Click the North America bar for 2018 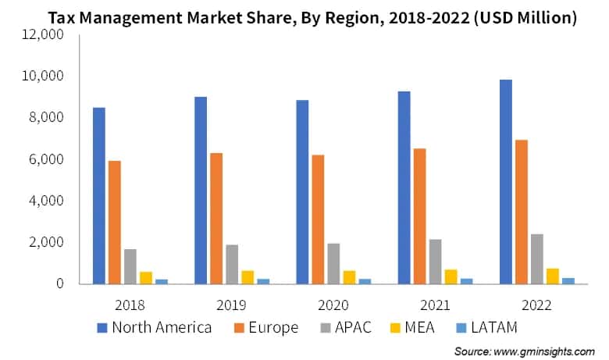pyautogui.click(x=99, y=195)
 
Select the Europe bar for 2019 pyautogui.click(x=216, y=218)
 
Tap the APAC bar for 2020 pyautogui.click(x=333, y=263)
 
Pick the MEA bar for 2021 pyautogui.click(x=451, y=275)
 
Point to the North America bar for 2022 pyautogui.click(x=505, y=181)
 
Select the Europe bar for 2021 pyautogui.click(x=419, y=216)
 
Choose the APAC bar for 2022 pyautogui.click(x=536, y=258)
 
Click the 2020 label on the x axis pyautogui.click(x=333, y=303)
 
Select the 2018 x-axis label pyautogui.click(x=130, y=303)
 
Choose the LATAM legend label pyautogui.click(x=490, y=328)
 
